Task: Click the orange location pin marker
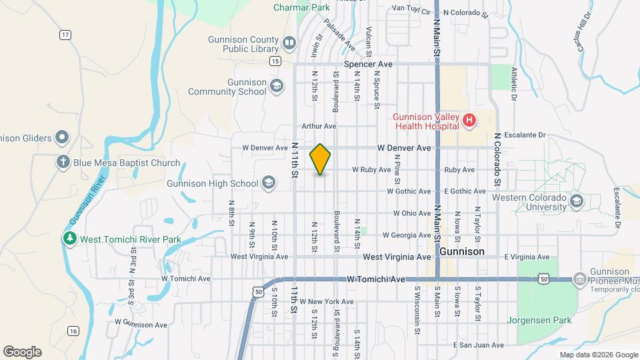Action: (320, 159)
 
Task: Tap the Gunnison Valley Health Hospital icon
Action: (469, 121)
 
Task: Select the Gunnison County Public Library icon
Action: (289, 44)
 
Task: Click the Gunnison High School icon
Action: (269, 183)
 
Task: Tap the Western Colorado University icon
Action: (577, 201)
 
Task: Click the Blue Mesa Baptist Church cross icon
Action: (63, 163)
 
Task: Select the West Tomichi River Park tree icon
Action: (69, 238)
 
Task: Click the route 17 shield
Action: (65, 34)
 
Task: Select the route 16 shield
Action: (73, 331)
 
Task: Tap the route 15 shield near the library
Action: (275, 61)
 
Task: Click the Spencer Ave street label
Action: (368, 65)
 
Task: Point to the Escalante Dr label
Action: (525, 135)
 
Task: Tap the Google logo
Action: (22, 351)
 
